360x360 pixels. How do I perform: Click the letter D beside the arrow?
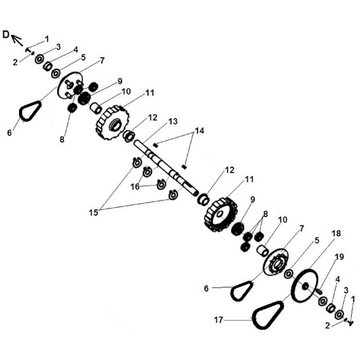pos(5,35)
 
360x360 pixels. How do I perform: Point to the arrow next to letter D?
pos(17,39)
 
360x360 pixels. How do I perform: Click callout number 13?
pos(173,121)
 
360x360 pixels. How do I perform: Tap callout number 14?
pos(199,131)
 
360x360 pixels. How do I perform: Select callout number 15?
pos(94,213)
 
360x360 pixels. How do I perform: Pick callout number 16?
pos(135,186)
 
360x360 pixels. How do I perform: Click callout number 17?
pos(218,320)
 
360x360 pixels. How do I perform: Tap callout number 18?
pos(336,234)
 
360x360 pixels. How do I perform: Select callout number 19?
pos(340,257)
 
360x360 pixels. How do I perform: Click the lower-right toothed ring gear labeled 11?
pos(220,215)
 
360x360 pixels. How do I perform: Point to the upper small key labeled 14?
pos(156,145)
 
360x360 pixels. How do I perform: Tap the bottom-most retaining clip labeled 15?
pos(173,195)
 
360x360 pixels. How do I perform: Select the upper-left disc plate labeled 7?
pos(69,86)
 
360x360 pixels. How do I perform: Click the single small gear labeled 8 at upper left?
pos(72,107)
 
